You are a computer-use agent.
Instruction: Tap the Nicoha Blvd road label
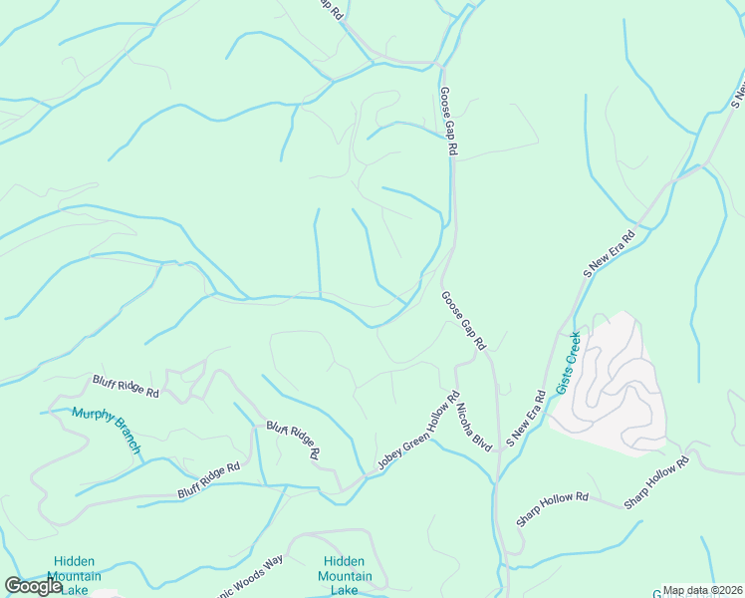pos(475,428)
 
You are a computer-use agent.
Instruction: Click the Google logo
pos(33,586)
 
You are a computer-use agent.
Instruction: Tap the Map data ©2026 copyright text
pos(702,590)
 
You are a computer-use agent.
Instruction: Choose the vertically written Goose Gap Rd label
pos(448,120)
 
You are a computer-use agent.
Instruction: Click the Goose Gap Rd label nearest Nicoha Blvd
pos(463,320)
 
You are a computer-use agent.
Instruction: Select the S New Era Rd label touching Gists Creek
pos(525,418)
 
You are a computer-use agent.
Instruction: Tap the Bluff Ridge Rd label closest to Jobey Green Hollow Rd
pos(293,440)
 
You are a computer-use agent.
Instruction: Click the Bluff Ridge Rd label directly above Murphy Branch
pos(125,387)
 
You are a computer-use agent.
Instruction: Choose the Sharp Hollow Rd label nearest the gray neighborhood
pos(656,484)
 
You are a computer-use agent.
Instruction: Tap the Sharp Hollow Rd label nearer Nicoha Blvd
pos(552,508)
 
